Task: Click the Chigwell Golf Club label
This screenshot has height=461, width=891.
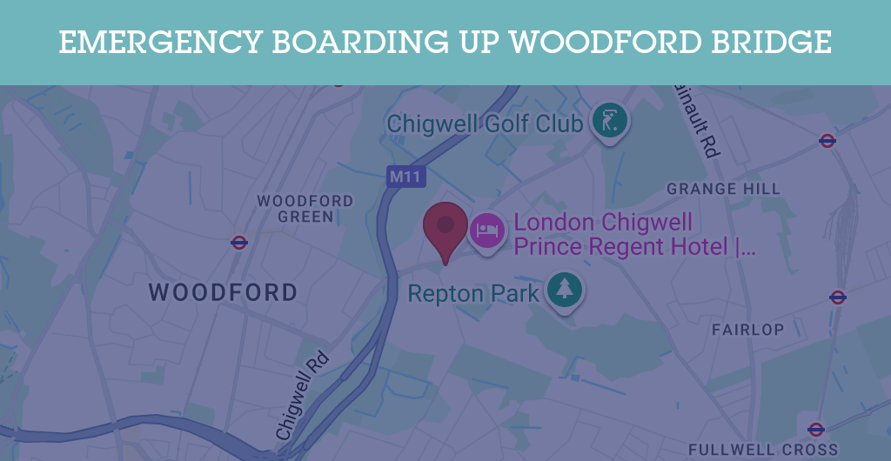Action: tap(485, 124)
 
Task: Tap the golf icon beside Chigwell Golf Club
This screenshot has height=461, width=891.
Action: tap(608, 122)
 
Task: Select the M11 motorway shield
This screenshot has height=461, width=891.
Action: tap(405, 177)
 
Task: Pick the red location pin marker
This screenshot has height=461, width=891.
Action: tap(445, 227)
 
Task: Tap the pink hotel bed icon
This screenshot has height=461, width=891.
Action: tap(486, 231)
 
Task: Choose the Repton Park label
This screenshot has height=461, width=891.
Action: tap(473, 293)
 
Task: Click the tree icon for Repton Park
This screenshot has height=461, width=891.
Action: tap(564, 289)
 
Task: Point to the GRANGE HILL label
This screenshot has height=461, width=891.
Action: tap(723, 189)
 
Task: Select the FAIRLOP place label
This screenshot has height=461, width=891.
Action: tap(747, 330)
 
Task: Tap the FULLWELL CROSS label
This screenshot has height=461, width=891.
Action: tap(762, 450)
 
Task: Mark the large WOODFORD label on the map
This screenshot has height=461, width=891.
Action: tap(223, 292)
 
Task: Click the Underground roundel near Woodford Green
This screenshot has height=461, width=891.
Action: tap(239, 243)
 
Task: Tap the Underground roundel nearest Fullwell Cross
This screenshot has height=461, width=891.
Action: tap(815, 429)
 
